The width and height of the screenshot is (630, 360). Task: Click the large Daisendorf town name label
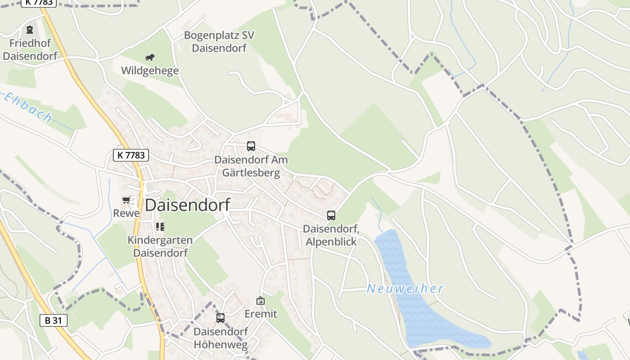(x=187, y=205)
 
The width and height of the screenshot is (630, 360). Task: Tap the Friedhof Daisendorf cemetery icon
(x=30, y=30)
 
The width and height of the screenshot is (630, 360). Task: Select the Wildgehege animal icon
(x=150, y=57)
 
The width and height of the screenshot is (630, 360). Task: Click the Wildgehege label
(x=150, y=71)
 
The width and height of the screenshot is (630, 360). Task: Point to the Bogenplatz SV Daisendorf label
(x=219, y=41)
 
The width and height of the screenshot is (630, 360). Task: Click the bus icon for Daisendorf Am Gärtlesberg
(x=251, y=146)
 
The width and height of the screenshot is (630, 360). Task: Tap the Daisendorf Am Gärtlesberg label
(x=251, y=166)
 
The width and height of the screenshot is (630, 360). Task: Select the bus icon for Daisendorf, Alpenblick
(x=331, y=215)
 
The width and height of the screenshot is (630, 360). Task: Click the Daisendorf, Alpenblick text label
(x=331, y=235)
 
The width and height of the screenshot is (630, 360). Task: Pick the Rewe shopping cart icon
(x=126, y=200)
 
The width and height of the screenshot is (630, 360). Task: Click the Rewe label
(x=126, y=213)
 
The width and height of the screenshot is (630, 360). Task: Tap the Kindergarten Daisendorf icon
(x=160, y=226)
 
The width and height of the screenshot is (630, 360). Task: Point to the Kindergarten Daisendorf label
(x=160, y=246)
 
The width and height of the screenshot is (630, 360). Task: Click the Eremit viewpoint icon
(x=261, y=301)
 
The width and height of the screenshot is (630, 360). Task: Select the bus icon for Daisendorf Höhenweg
(x=220, y=318)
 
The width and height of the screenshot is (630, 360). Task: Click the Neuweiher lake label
(x=405, y=288)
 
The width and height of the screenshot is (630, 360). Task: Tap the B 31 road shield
(x=54, y=320)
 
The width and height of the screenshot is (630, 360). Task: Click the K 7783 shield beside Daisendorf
(x=130, y=155)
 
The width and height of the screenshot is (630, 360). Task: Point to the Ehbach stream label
(x=28, y=108)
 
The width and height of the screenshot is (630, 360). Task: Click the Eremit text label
(x=261, y=314)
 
